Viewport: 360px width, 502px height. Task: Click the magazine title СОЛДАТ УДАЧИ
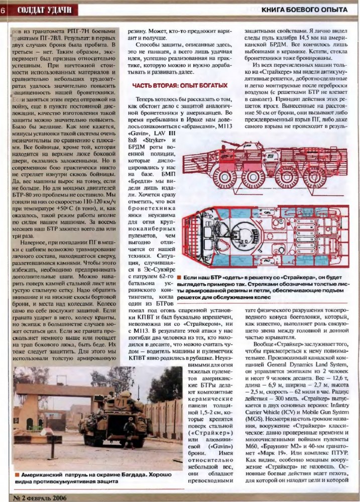[x=44, y=10]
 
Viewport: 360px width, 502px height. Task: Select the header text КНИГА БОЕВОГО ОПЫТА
[x=304, y=10]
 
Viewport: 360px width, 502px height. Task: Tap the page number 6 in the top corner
[x=3, y=10]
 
